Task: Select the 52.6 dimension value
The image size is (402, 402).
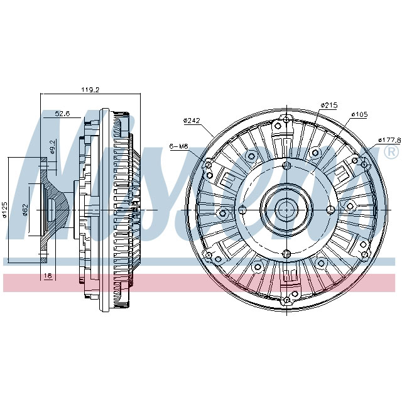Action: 62,114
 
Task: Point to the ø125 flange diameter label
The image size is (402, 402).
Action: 4,209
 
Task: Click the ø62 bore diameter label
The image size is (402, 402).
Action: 24,209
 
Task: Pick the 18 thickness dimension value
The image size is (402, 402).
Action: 48,275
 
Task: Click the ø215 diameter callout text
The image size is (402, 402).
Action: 329,104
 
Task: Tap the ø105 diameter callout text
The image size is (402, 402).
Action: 359,114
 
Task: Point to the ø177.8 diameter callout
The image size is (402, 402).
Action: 389,140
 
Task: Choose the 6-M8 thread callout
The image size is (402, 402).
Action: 178,146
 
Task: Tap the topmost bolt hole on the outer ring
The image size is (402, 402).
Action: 286,119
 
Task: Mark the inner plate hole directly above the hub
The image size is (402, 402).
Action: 286,165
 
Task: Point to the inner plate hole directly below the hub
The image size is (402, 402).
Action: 286,253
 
